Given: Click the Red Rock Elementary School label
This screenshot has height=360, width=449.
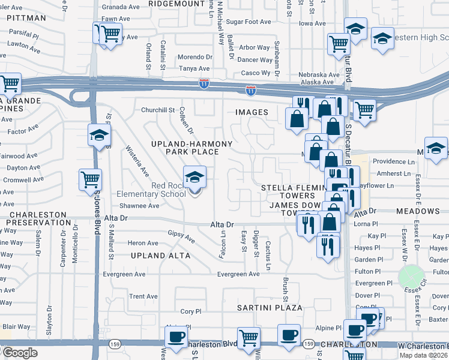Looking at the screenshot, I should point(160,190).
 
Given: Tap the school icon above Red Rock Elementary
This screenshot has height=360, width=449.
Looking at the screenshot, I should point(194,178).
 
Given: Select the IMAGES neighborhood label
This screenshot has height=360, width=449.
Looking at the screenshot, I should point(252,112).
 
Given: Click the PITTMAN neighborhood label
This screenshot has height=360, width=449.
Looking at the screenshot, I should point(26,19).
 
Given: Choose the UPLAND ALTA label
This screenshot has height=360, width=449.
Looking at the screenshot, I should point(160,256).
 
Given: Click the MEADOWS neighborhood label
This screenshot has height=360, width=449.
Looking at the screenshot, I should point(418,211).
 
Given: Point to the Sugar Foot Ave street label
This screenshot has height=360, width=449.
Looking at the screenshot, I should point(249,22).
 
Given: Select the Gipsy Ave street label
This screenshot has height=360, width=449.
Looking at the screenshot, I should point(181,237).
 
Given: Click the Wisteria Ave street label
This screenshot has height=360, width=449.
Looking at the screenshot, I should point(137,161).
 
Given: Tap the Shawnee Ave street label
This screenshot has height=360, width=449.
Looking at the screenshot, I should point(139,206).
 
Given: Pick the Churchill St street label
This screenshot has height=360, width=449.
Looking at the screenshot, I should point(157,110).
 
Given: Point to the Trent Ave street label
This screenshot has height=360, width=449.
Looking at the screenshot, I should point(143,296).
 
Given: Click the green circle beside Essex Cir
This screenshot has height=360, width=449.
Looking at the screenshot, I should point(411,277).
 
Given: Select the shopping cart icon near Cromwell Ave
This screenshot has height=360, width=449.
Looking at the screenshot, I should point(90,179).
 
